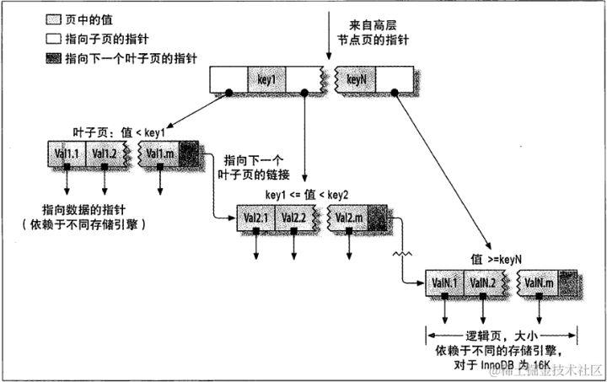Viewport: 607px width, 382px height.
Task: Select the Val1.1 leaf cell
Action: [66, 153]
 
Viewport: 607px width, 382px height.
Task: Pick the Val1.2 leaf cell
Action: [105, 153]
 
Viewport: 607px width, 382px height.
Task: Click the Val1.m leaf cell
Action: [158, 153]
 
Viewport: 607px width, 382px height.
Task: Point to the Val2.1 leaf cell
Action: [255, 218]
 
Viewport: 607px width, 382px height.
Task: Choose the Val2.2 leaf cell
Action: [294, 218]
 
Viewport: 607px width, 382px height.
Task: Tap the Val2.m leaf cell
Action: [348, 218]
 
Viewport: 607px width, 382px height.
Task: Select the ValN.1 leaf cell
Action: [445, 282]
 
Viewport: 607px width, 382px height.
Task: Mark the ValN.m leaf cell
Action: [538, 282]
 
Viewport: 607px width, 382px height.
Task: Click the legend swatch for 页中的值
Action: [34, 18]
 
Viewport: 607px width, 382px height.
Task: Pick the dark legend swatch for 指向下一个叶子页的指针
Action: [34, 55]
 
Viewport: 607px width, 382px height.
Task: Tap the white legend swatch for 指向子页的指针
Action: [34, 36]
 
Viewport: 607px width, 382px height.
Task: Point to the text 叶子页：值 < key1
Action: [118, 132]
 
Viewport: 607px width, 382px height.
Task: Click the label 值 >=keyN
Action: [496, 260]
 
